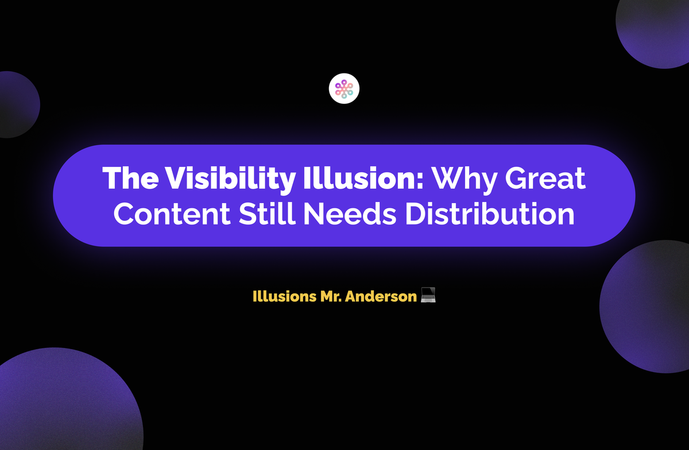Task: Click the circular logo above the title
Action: tap(344, 89)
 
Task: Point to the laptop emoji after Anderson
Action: tap(428, 297)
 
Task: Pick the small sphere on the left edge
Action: tap(14, 104)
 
